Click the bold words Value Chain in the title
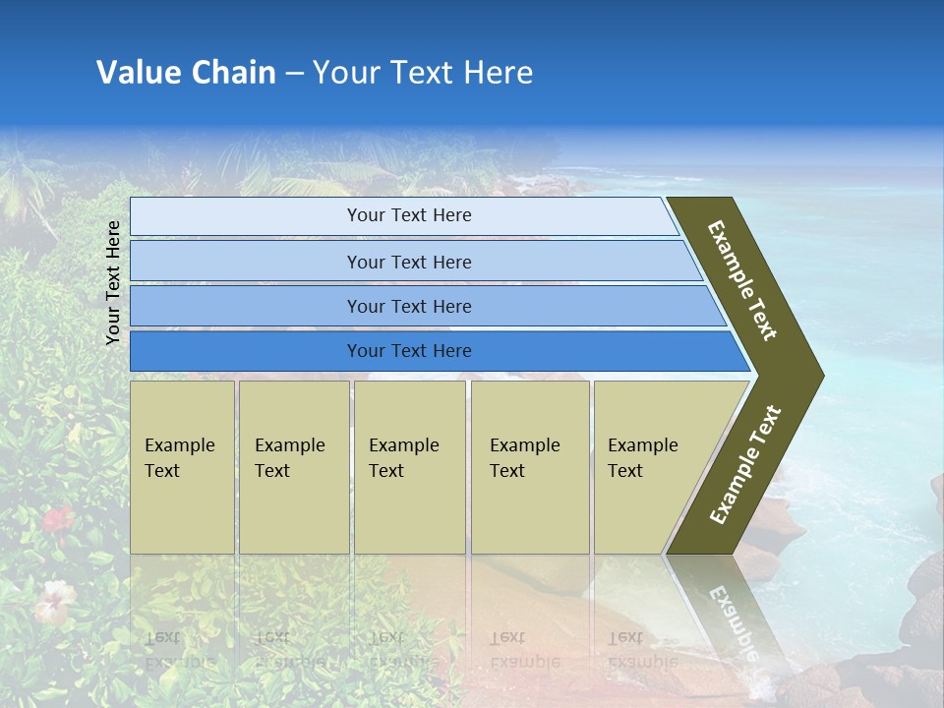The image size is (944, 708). tap(186, 73)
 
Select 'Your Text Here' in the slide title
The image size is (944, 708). tap(423, 73)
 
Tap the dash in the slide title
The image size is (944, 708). tap(294, 74)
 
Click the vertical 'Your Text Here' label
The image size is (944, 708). tap(113, 282)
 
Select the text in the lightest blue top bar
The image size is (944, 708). tap(409, 215)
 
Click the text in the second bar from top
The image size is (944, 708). tap(409, 262)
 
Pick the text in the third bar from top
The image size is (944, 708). tap(409, 306)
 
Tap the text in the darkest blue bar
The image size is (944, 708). tap(409, 351)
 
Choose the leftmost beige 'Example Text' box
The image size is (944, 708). tap(182, 467)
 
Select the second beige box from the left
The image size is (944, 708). tap(293, 467)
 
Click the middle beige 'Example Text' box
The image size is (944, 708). tap(409, 467)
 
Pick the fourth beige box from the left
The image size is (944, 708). tap(530, 467)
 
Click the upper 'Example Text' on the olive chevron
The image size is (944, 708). tap(743, 280)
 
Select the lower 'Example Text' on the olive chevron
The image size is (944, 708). tap(745, 465)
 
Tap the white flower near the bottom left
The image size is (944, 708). tap(55, 597)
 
